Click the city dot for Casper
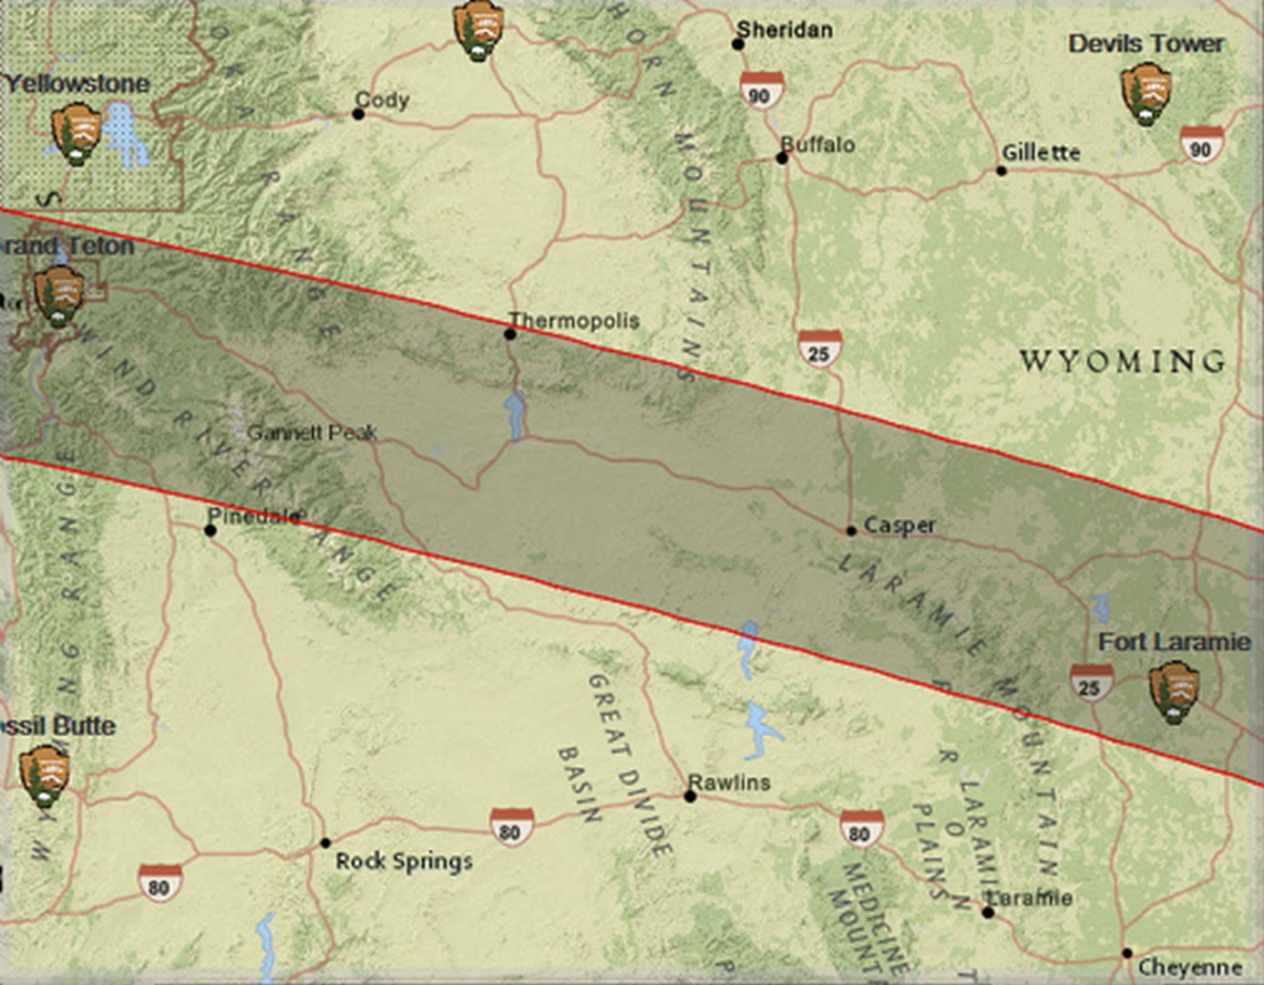click(x=850, y=530)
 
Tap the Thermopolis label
click(x=574, y=320)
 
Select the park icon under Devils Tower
click(x=1146, y=92)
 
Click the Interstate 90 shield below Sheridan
click(x=760, y=90)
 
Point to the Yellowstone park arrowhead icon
click(x=76, y=134)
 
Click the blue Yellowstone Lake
click(x=124, y=137)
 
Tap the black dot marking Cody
click(x=358, y=114)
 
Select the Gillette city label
click(x=1041, y=152)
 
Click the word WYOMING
click(x=1122, y=361)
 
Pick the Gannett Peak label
click(x=312, y=432)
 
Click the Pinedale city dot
click(x=211, y=530)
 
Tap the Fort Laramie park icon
click(x=1173, y=692)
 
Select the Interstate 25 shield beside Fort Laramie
click(x=1090, y=684)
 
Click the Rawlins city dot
click(x=690, y=796)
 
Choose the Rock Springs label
click(x=404, y=861)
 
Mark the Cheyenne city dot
click(x=1127, y=953)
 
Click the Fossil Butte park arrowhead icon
click(x=45, y=775)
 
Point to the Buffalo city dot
click(x=781, y=158)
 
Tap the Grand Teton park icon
click(x=59, y=296)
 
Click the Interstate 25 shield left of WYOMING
click(x=818, y=350)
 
